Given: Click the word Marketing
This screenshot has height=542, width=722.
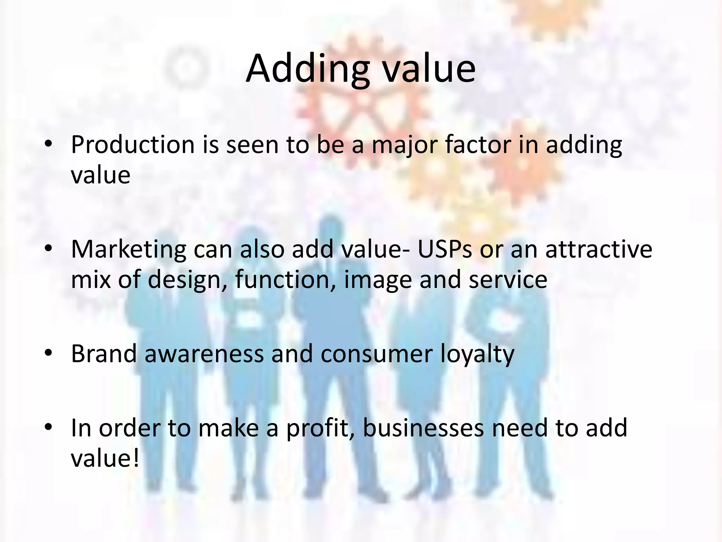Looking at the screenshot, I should point(128,249).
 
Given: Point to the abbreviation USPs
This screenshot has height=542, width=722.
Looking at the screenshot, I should point(444,249).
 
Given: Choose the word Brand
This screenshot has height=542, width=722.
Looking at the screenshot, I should point(104,354).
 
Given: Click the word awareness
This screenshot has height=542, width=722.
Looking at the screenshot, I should point(204,354).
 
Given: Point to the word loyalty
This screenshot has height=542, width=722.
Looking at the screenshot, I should point(477,354).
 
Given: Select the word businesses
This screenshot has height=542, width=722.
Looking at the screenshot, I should point(423,428).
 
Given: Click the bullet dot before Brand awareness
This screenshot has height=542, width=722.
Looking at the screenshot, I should point(49,353).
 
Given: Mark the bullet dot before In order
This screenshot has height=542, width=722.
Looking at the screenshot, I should point(49,427).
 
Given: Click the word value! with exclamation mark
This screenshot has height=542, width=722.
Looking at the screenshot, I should point(105,458).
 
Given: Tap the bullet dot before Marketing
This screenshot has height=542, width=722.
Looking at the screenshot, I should point(49,249).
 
